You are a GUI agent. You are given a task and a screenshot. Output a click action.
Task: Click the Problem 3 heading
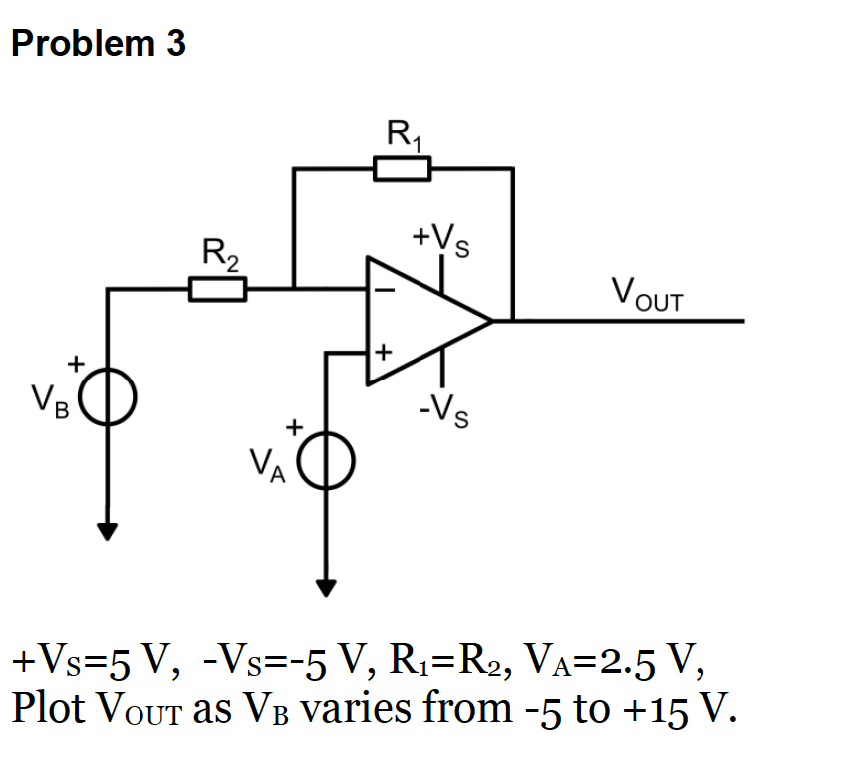(x=99, y=45)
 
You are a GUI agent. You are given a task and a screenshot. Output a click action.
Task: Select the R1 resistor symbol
(x=403, y=169)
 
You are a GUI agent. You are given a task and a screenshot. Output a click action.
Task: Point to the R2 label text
(x=220, y=254)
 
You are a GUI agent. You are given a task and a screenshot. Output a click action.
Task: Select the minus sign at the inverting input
(x=384, y=291)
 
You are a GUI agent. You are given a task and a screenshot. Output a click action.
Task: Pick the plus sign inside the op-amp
(x=384, y=352)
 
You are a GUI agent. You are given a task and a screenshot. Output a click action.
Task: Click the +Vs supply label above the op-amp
(x=441, y=239)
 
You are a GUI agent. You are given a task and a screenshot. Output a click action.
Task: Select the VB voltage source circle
(x=107, y=398)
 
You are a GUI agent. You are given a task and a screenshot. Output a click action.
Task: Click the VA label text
(x=267, y=465)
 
